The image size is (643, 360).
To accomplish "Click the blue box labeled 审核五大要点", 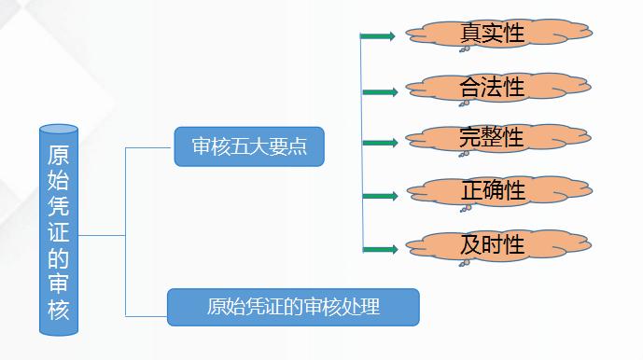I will pos(248,146).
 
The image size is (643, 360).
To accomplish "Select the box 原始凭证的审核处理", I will pos(293,306).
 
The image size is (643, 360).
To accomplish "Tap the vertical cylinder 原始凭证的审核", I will pos(59,228).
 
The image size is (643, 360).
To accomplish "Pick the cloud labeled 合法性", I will pos(493,88).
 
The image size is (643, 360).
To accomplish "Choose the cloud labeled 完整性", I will pos(493,139).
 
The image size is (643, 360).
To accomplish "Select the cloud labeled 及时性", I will pos(493,245).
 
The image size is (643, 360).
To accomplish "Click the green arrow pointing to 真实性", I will pos(378,36).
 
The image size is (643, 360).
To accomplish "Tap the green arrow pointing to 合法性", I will pos(379,91).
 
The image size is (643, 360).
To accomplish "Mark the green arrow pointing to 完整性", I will pos(379,143).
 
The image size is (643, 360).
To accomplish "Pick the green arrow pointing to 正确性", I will pos(379,196).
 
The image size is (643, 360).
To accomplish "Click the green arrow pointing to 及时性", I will pos(379,249).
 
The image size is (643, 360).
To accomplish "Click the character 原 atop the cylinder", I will pos(59,155).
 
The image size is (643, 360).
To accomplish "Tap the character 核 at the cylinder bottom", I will pos(59,309).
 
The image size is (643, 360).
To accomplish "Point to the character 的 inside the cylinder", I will pos(59,253).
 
